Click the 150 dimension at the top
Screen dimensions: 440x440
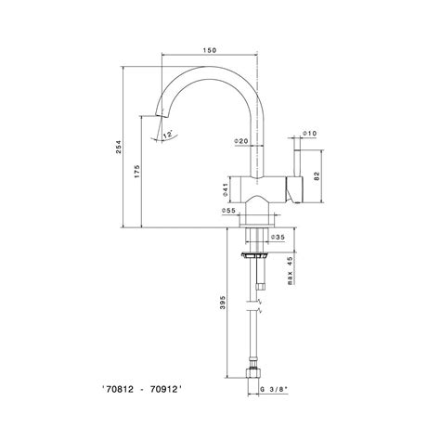[210, 50]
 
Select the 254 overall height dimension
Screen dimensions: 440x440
[119, 148]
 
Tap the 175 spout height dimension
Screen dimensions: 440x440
[136, 172]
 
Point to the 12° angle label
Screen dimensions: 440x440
[167, 135]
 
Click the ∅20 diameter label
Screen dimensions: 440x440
[241, 141]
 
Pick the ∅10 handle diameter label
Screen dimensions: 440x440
[310, 134]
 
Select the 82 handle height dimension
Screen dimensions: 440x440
[317, 176]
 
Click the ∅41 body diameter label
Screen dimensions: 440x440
[226, 189]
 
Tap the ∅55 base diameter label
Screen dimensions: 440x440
[228, 211]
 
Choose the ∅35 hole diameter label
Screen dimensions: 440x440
[278, 237]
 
